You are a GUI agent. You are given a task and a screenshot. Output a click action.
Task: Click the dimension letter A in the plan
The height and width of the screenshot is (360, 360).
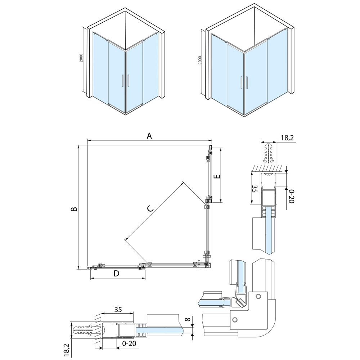pos(149,136)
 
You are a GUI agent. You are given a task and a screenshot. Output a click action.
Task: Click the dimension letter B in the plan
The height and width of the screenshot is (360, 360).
pos(74,209)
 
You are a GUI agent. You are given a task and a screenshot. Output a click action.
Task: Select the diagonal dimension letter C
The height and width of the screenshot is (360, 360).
pos(150,208)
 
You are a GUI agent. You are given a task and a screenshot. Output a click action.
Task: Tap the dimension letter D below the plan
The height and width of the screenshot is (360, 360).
pos(117,274)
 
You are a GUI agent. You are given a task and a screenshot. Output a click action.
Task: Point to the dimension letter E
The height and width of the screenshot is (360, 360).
pos(217,176)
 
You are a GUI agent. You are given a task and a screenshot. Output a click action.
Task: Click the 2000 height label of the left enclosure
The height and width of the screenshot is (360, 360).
pos(81,58)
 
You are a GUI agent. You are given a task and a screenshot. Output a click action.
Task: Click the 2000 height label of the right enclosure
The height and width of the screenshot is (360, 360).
pos(200,60)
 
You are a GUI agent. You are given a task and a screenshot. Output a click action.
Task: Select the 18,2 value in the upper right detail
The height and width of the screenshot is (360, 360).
pos(287,138)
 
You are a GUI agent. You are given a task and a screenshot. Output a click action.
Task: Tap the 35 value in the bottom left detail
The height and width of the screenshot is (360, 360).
pos(118,310)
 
